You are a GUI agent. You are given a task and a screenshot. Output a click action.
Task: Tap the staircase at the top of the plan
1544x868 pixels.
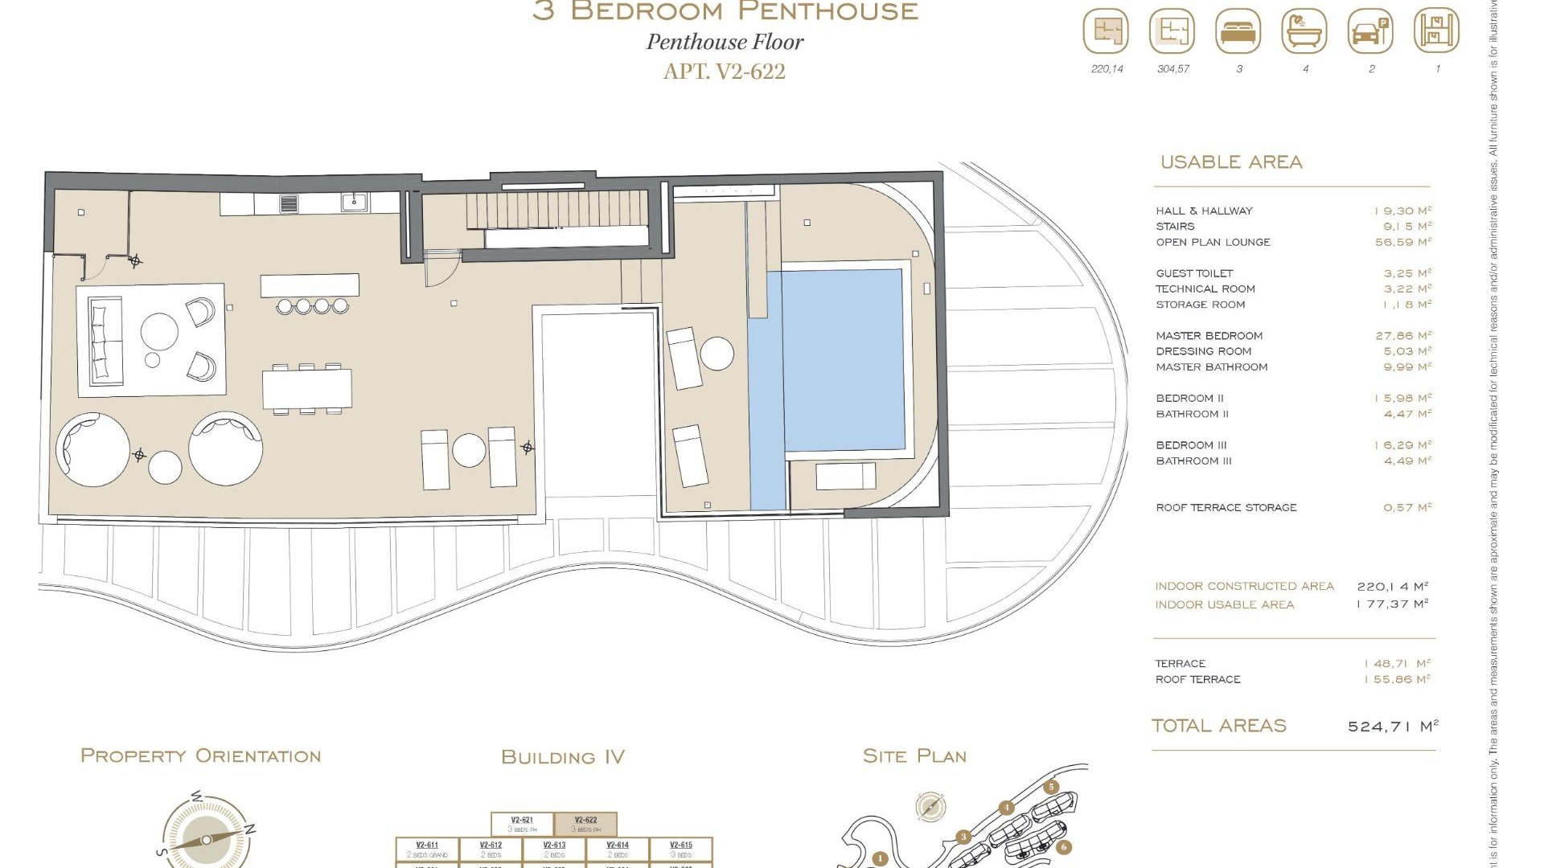coord(556,210)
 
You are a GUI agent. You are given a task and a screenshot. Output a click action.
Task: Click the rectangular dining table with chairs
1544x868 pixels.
coord(306,389)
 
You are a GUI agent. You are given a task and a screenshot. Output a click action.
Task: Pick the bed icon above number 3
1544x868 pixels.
coord(1238,32)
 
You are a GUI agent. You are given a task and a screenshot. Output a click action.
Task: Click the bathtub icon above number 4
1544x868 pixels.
coord(1304,32)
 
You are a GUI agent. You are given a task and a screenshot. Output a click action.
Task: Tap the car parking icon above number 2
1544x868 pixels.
coord(1370,32)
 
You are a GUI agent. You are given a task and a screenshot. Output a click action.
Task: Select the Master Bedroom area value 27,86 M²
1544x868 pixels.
coord(1402,336)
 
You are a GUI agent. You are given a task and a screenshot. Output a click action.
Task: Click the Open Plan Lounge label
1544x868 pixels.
coord(1213,242)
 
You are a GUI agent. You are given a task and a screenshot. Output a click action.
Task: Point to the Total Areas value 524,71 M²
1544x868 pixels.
coord(1392,727)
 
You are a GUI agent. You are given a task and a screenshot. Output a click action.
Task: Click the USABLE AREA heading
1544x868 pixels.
coord(1230,162)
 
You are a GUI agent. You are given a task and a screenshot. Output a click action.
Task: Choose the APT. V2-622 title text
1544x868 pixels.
coord(724,72)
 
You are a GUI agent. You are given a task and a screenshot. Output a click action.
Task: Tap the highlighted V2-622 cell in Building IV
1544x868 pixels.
coord(585,825)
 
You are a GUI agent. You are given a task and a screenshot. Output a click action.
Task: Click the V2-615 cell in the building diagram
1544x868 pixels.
coord(680,849)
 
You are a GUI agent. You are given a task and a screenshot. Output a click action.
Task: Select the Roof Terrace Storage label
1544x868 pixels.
coord(1226,508)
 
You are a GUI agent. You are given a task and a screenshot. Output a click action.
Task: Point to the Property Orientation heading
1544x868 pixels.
coord(201,756)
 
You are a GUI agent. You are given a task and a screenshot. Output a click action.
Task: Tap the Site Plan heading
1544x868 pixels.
coord(914,756)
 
